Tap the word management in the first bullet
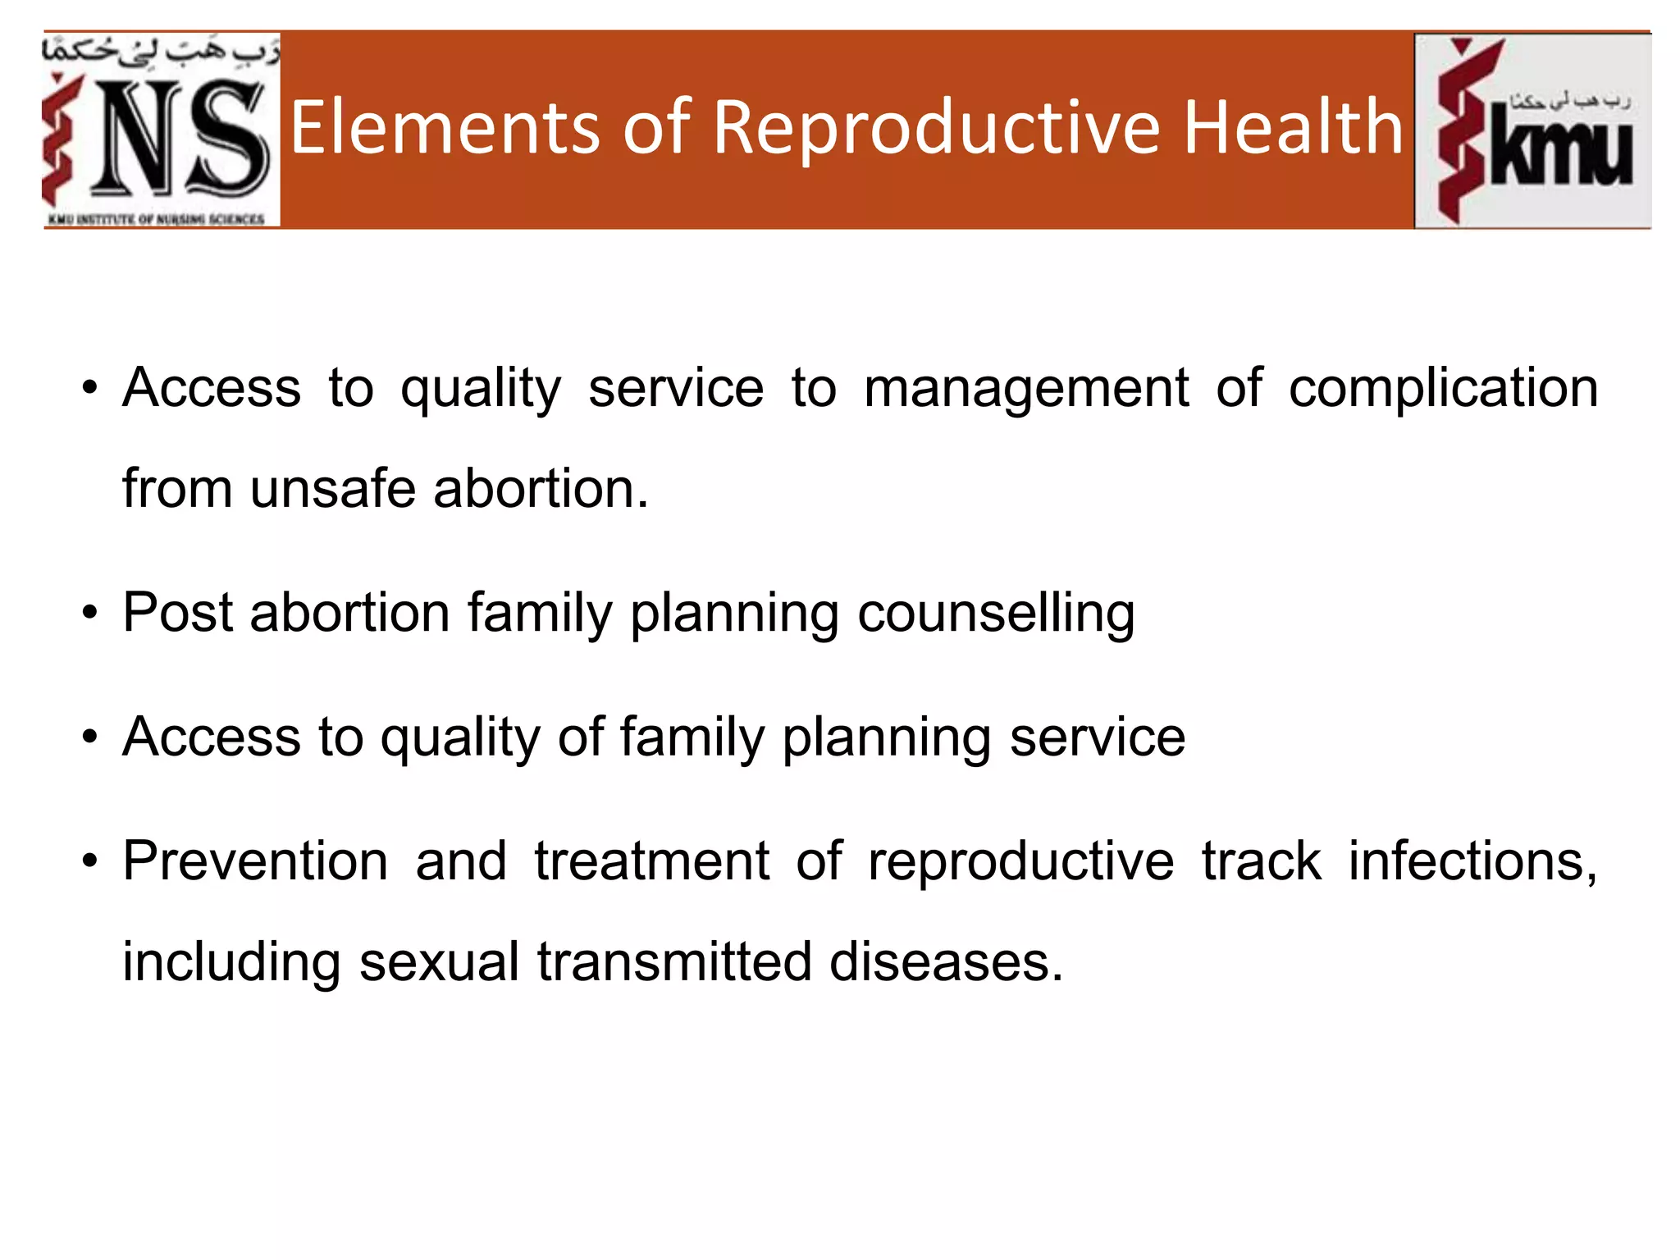[1025, 389]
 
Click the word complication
[1443, 389]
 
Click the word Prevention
[255, 861]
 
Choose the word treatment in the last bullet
[652, 861]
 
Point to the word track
[1262, 861]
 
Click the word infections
[1472, 861]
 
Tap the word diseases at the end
[945, 961]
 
